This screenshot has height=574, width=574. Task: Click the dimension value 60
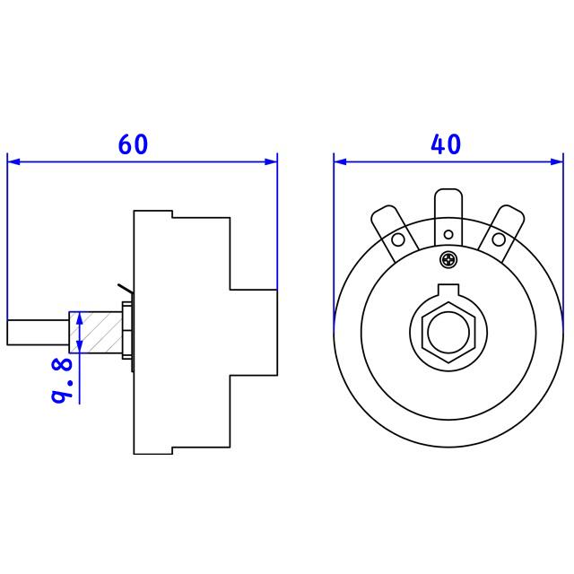pos(133,144)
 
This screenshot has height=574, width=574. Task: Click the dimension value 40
pos(446,144)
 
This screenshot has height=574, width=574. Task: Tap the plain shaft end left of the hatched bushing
pos(37,332)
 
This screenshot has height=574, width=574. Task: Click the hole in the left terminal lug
pos(397,239)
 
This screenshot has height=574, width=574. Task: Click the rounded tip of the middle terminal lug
pos(448,192)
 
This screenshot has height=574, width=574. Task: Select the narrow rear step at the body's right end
pos(254,332)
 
